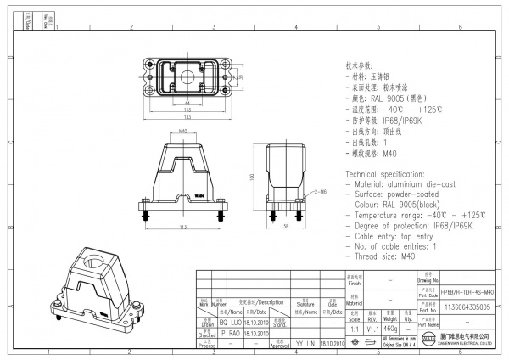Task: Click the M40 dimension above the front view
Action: [x=183, y=132]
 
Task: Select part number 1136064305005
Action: [x=467, y=307]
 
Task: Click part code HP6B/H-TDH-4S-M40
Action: [x=467, y=291]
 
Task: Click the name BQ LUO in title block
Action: [x=232, y=323]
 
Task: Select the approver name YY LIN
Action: [x=304, y=343]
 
